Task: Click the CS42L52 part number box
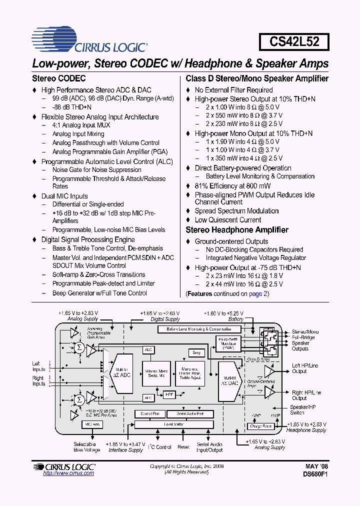click(x=294, y=41)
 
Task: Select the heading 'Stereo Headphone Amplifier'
click(x=236, y=230)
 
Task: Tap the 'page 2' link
click(x=258, y=294)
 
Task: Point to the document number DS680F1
click(x=315, y=474)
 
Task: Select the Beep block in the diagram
click(x=196, y=352)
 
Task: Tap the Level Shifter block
click(x=174, y=424)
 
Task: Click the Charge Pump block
click(x=260, y=426)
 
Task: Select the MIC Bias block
click(x=91, y=424)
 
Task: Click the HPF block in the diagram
click(x=169, y=395)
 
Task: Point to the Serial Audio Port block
click(x=189, y=414)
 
